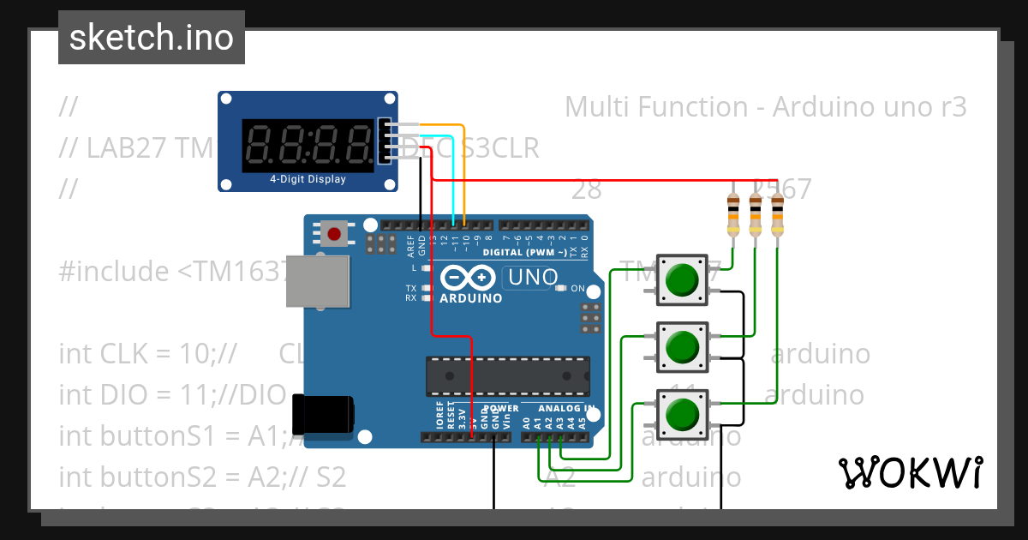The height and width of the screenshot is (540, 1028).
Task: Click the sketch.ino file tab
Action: pyautogui.click(x=151, y=38)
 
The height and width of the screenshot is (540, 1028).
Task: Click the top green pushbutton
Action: pyautogui.click(x=682, y=279)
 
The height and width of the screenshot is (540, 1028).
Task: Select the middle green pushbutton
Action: pyautogui.click(x=682, y=347)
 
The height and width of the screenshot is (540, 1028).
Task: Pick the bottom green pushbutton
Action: pyautogui.click(x=682, y=414)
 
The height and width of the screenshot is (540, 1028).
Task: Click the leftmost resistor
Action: pyautogui.click(x=732, y=214)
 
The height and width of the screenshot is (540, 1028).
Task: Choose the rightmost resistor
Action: pyautogui.click(x=777, y=214)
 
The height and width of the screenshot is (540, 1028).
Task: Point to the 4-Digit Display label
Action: pyautogui.click(x=308, y=180)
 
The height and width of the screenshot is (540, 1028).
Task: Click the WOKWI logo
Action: pyautogui.click(x=910, y=472)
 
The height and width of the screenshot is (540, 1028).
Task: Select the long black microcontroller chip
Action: pyautogui.click(x=507, y=377)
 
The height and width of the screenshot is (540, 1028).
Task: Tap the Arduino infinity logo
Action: pyautogui.click(x=469, y=278)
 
